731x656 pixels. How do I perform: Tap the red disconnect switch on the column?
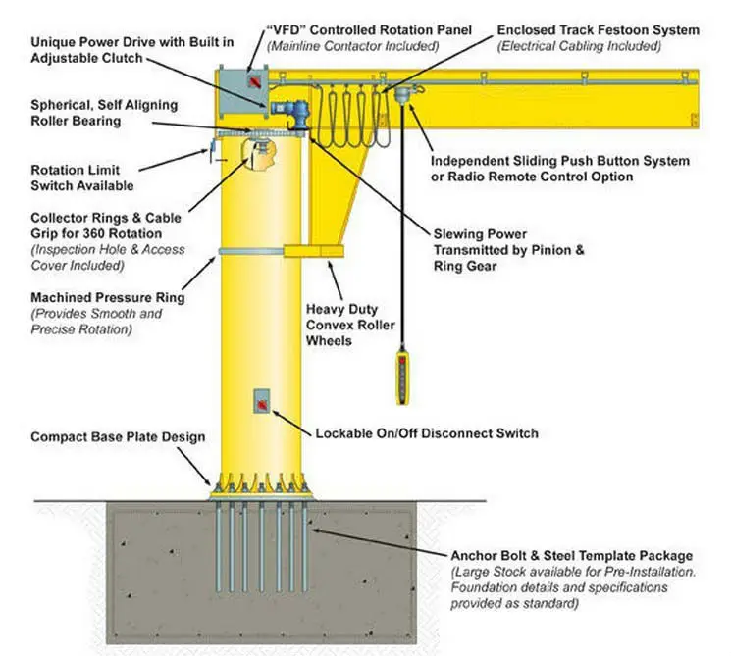263,400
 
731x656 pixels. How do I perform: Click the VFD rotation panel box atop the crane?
243,82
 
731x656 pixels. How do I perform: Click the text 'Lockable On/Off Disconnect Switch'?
427,432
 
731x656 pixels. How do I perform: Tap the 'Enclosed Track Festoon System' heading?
599,30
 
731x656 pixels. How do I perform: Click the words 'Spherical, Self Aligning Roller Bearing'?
89,112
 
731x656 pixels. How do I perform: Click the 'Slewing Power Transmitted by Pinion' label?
508,250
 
